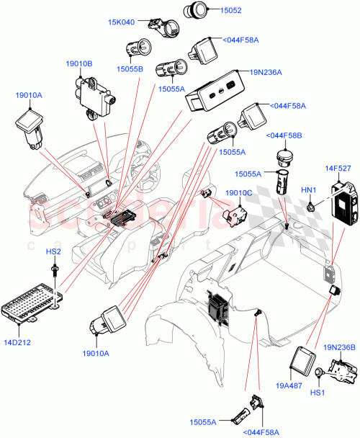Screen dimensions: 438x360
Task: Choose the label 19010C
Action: pos(238,193)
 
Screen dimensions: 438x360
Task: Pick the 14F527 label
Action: pos(337,169)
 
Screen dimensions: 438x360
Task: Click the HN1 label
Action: pos(307,189)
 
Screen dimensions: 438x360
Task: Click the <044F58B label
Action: pos(284,135)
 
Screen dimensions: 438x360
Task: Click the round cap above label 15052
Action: pos(195,10)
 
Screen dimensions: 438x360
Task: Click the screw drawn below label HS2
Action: pos(55,270)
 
